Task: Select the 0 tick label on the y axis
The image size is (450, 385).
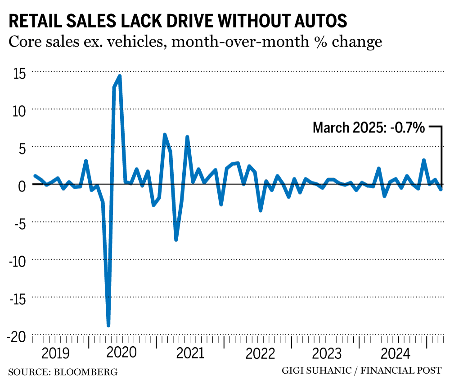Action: click(21, 185)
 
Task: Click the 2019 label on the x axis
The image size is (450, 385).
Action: click(55, 353)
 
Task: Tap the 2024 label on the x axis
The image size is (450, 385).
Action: click(395, 353)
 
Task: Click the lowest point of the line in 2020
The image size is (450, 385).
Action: click(108, 325)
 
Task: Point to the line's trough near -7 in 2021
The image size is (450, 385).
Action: click(176, 240)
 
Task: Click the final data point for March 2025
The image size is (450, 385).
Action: click(441, 190)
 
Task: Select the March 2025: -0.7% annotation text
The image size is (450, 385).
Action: click(369, 128)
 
